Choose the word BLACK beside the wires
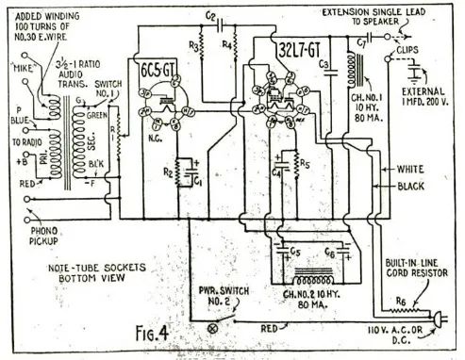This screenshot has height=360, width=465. pos(412,187)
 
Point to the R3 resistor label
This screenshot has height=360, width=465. pos(194,45)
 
